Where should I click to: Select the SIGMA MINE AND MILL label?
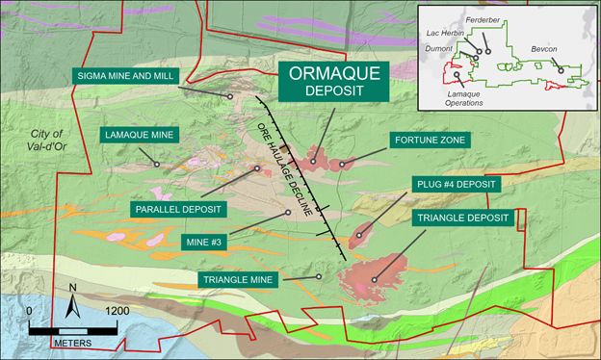tap(128, 74)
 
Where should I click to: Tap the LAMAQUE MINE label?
tap(139, 135)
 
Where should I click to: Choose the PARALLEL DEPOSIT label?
tap(177, 208)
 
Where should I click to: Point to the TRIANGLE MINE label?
tap(240, 280)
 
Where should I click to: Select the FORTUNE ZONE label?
tap(431, 141)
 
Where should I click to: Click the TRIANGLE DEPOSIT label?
tap(461, 219)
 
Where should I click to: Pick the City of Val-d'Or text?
tap(45, 141)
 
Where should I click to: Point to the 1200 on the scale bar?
tap(118, 311)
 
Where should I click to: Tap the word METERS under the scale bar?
tap(73, 343)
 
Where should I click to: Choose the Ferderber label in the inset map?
tap(489, 17)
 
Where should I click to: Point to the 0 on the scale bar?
tap(30, 311)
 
